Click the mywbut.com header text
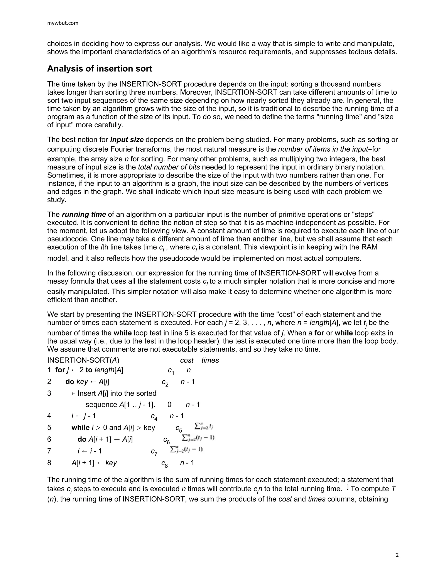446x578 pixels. click(63, 23)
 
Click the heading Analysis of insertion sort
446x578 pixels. click(99, 68)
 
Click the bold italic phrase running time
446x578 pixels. click(84, 214)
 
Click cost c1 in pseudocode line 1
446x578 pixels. click(171, 371)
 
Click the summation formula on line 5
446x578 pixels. click(203, 426)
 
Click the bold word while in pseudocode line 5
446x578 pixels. click(80, 428)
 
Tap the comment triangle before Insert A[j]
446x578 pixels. click(73, 394)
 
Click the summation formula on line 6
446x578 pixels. click(198, 438)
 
